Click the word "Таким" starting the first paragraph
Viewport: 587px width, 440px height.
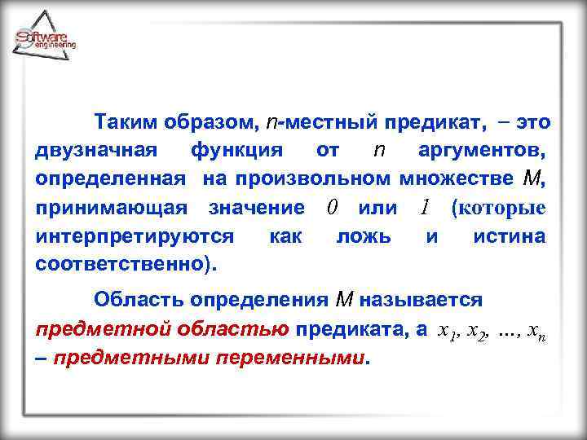click(121, 123)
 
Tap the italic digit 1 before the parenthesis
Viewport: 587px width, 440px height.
click(424, 208)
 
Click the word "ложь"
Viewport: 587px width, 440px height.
click(363, 236)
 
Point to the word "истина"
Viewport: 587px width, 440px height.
click(509, 236)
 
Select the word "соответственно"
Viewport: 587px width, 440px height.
click(122, 265)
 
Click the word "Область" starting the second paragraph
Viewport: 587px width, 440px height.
click(135, 300)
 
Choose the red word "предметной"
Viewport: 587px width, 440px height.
click(90, 329)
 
